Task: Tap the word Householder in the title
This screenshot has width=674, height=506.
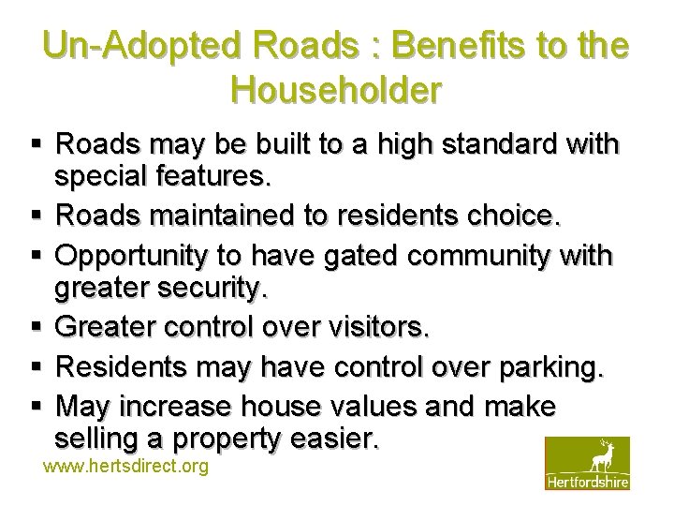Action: point(335,91)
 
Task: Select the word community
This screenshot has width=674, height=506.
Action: point(498,256)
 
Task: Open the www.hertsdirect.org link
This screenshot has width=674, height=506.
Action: point(126,466)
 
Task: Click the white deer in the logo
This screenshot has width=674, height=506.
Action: point(600,456)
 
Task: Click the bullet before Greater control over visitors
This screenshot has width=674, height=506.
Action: point(36,329)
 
